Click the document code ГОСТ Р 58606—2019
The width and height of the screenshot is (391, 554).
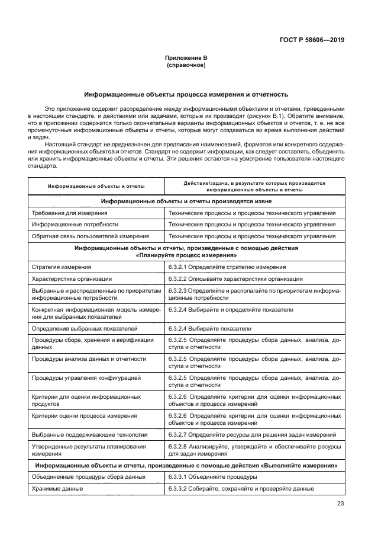click(311, 40)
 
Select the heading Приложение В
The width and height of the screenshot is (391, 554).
click(186, 58)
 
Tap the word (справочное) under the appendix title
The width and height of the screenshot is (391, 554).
click(186, 65)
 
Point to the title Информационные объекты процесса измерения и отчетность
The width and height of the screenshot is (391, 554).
click(186, 94)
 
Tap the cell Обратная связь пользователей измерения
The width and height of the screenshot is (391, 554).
click(89, 236)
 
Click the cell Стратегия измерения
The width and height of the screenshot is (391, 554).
click(61, 267)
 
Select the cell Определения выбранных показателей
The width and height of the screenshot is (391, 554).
click(84, 328)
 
